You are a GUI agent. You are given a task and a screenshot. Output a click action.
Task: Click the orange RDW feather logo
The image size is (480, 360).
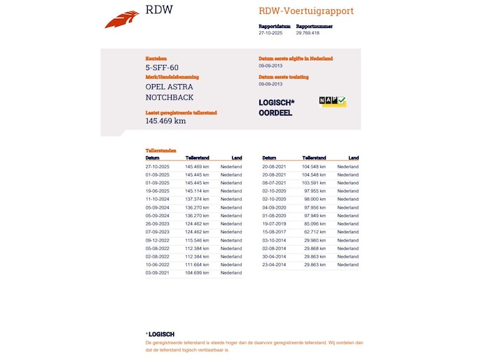point(122,20)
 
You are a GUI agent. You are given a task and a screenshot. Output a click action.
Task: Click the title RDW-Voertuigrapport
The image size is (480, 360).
point(306,11)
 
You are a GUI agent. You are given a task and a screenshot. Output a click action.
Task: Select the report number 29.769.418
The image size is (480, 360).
point(308,33)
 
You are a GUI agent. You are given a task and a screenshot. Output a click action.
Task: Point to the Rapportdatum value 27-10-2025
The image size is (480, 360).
point(270,33)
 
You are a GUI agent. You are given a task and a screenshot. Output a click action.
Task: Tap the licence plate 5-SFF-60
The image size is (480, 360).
point(162,68)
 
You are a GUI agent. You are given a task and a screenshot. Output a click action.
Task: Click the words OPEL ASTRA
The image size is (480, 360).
point(169,87)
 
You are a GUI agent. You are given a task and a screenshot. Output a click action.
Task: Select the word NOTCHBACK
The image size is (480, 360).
point(170,97)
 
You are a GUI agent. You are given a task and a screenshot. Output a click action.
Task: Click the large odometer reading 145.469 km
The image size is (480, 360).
point(165,120)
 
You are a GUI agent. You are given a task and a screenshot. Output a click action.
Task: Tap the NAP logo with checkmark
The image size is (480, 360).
point(332,102)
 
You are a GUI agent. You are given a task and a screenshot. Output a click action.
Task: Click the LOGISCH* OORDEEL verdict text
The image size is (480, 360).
point(276,107)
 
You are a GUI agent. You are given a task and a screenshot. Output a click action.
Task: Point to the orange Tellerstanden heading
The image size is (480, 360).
point(160,151)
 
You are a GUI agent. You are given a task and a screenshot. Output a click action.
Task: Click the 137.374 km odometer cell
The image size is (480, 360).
point(197,199)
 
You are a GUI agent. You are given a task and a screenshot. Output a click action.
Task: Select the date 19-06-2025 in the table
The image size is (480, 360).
point(158,191)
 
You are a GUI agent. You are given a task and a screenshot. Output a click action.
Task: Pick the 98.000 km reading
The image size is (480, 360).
point(315,199)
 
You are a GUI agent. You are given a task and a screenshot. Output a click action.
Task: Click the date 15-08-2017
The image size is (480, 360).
point(274,232)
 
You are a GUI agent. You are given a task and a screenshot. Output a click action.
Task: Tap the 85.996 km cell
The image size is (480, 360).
point(315,223)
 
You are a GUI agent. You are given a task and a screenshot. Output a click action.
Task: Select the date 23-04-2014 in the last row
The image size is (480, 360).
point(274,265)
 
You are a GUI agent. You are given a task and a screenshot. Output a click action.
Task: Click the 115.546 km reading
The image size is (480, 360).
point(197,240)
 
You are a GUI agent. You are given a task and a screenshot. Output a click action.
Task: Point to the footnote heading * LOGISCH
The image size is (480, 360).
point(160,334)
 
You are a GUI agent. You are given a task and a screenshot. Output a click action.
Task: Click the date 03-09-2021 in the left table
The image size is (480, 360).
point(158,273)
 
